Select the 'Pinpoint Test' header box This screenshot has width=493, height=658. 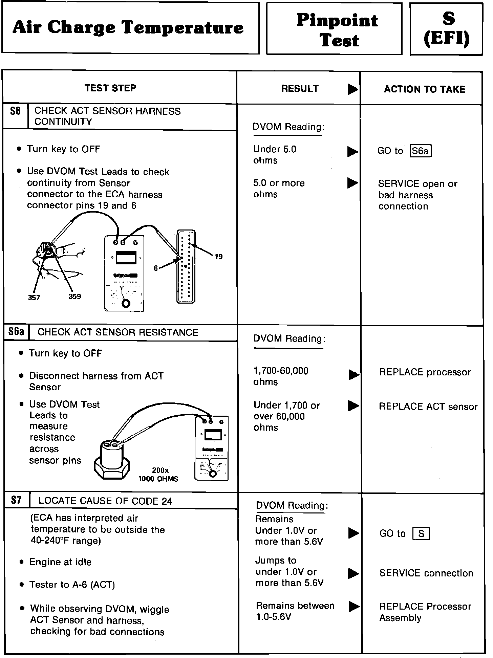[337, 30]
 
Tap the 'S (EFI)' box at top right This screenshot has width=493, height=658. [447, 29]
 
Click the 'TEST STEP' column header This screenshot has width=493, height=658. [110, 88]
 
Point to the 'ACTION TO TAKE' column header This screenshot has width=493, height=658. [424, 89]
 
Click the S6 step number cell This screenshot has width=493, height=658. [15, 111]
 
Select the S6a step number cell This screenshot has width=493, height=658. [16, 332]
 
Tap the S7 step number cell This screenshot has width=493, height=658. [16, 500]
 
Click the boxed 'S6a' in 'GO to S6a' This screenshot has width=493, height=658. [420, 151]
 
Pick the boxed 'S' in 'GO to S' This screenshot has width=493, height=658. [421, 534]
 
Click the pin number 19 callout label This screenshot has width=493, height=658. [219, 256]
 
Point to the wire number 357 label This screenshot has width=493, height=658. [34, 298]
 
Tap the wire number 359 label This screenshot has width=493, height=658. [75, 297]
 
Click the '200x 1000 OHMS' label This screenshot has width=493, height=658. [158, 475]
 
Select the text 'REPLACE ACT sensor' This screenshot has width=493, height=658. [428, 407]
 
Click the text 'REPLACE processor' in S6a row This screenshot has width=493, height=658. [425, 372]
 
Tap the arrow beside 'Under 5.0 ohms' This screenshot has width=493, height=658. [352, 151]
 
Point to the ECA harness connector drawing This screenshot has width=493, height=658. [186, 266]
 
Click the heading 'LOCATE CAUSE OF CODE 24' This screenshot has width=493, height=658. [105, 501]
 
